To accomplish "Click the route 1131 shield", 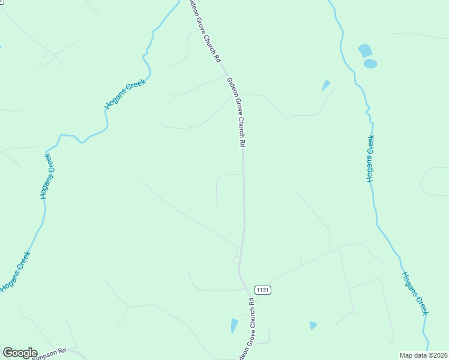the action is tap(263, 289).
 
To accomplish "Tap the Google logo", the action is tap(20, 353).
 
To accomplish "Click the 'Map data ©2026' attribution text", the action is tap(423, 355).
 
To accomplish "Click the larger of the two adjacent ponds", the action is tap(365, 50).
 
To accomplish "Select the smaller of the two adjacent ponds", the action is tap(370, 63).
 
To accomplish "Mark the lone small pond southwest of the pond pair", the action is tap(326, 85).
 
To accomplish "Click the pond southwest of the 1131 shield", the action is tap(234, 325).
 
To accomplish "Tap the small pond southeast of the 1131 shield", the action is tap(313, 325).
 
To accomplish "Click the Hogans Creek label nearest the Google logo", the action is tap(15, 272).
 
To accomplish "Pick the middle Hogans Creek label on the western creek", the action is tap(47, 176).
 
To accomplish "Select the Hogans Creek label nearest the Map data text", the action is tap(415, 293).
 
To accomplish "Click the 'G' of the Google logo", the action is tap(8, 353).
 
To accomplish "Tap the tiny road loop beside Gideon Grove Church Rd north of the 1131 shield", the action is tap(235, 259).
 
